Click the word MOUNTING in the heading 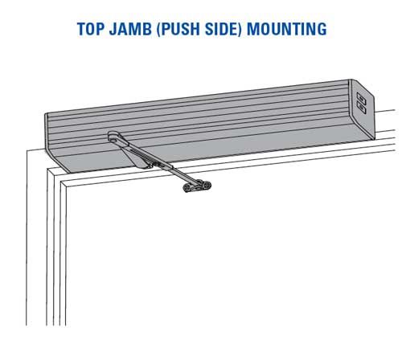point(287,29)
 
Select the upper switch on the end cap point(361,98)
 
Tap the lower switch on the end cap point(361,108)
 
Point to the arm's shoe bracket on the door point(197,186)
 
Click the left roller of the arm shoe point(187,188)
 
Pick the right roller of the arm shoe point(207,185)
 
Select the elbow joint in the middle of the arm point(150,165)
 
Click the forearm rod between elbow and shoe point(183,174)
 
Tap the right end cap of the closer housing point(361,109)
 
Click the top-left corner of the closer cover point(46,114)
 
